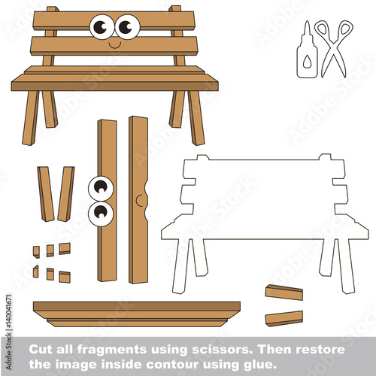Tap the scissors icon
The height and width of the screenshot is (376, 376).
(334, 47)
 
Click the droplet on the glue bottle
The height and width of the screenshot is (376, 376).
(307, 62)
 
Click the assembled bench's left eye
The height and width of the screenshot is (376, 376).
(102, 27)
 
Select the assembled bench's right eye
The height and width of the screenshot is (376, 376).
(127, 27)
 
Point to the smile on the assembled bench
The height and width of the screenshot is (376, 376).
(115, 45)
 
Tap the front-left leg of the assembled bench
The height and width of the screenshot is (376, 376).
(30, 118)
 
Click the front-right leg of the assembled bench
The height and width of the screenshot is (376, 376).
(196, 118)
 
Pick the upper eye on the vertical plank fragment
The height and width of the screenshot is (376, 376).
(101, 189)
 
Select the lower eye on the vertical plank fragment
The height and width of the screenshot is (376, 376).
(101, 214)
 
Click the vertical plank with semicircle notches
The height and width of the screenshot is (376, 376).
(138, 200)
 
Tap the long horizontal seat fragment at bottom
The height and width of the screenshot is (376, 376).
(137, 314)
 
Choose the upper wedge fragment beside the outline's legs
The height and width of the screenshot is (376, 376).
(284, 293)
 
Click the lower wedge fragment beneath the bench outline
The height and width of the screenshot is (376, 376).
(284, 319)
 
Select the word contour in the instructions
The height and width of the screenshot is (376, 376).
(174, 364)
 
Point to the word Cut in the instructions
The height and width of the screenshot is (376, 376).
(41, 349)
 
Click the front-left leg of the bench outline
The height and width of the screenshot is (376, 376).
(180, 266)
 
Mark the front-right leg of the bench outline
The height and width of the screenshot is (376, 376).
(346, 266)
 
